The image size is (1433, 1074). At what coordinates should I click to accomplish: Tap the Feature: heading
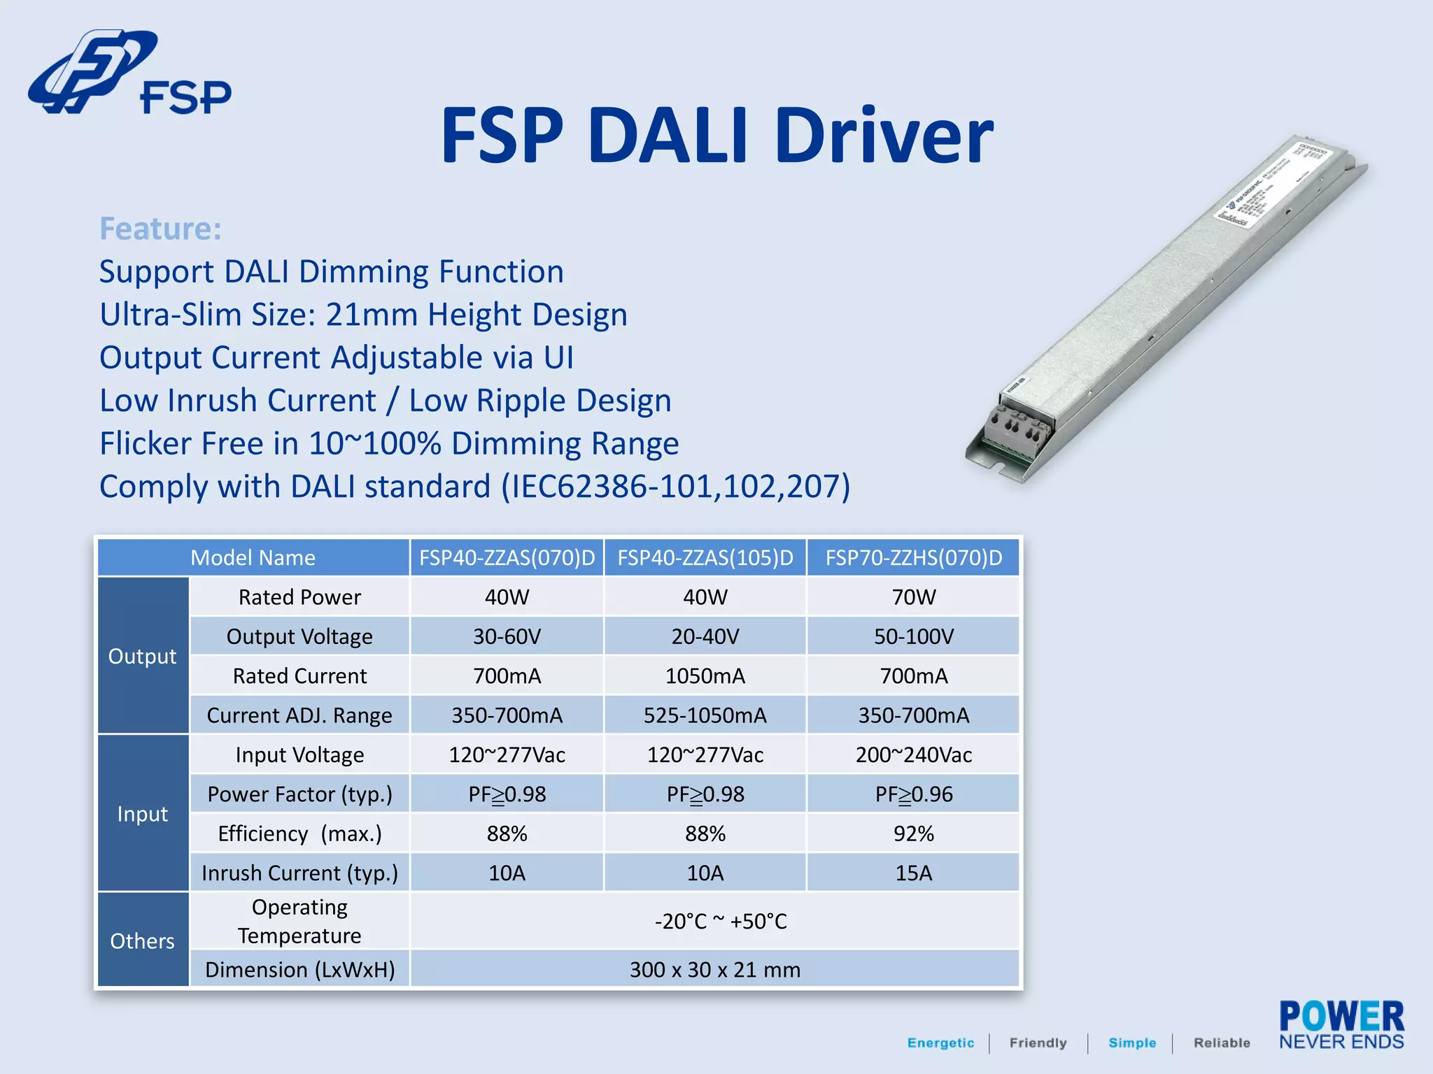pos(160,229)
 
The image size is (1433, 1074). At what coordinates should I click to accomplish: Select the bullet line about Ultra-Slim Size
pos(363,315)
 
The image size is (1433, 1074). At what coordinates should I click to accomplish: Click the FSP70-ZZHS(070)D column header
pos(913,558)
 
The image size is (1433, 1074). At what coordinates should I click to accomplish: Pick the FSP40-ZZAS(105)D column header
pos(705,558)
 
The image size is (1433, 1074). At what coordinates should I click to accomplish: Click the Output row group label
pos(143,656)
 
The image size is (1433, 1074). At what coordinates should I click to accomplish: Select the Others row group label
pos(143,940)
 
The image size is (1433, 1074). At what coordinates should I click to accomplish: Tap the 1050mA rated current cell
pos(705,676)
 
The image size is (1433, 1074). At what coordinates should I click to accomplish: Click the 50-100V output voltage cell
pos(913,636)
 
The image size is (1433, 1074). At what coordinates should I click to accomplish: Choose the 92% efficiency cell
pos(913,833)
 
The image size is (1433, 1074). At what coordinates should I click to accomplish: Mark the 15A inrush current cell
pos(913,873)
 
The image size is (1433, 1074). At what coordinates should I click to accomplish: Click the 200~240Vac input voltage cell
pos(913,755)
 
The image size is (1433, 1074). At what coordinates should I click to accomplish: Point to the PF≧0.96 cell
pos(913,794)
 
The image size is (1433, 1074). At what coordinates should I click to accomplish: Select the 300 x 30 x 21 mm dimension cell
pos(714,970)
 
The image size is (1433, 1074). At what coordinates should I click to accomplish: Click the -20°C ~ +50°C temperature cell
pos(721,921)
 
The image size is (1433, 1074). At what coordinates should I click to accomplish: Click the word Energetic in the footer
pos(940,1043)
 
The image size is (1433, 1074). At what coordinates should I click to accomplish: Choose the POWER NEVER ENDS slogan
pos(1341,1026)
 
